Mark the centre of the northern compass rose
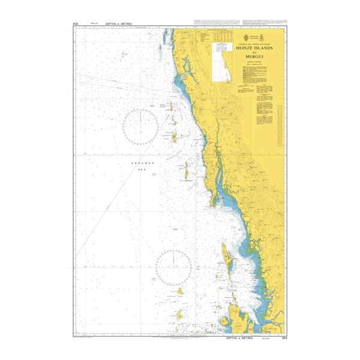point(140,126)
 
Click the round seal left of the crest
point(245,34)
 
